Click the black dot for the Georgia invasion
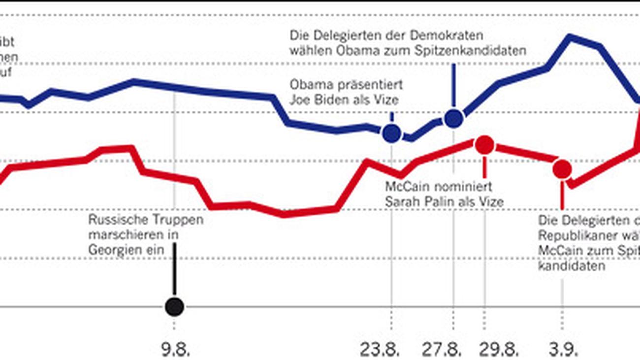coord(174,307)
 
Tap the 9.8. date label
coord(176,350)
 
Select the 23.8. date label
coord(380,350)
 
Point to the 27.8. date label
coord(442,350)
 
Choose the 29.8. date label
coord(499,350)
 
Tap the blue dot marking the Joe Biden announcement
coord(391,133)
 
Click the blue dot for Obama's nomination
coord(453,118)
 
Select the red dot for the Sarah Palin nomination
coord(484,144)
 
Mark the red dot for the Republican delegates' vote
coord(562,169)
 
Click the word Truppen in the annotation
coord(174,220)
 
